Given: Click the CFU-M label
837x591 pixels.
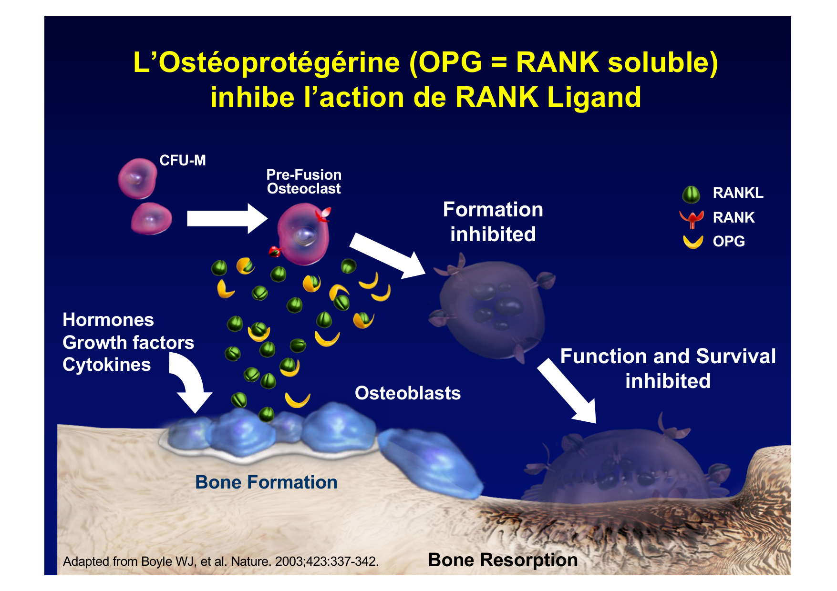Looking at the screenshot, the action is tap(183, 161).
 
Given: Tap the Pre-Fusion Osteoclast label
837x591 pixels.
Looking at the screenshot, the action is tap(304, 182).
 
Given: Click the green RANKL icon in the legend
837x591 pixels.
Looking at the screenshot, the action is tap(691, 194).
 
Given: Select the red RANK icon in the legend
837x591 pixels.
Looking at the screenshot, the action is tap(692, 218).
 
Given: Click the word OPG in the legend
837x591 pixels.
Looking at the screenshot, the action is tap(729, 242).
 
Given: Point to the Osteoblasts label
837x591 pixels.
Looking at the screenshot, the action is tap(408, 393).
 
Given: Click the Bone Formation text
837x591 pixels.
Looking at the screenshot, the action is tap(266, 482).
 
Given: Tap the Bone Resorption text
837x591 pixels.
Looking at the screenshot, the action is tap(503, 560).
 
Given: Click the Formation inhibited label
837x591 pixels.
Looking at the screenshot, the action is tap(493, 222).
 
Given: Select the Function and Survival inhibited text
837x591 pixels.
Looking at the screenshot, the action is tap(668, 368).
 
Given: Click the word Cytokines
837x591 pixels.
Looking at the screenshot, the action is tap(107, 365).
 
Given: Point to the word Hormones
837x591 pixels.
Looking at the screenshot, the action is tap(108, 320).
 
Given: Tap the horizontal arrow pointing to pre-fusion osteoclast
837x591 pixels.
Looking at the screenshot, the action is tap(227, 218).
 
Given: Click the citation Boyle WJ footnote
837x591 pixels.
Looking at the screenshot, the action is tap(221, 561).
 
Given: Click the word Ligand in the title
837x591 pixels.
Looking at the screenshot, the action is tap(594, 97).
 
